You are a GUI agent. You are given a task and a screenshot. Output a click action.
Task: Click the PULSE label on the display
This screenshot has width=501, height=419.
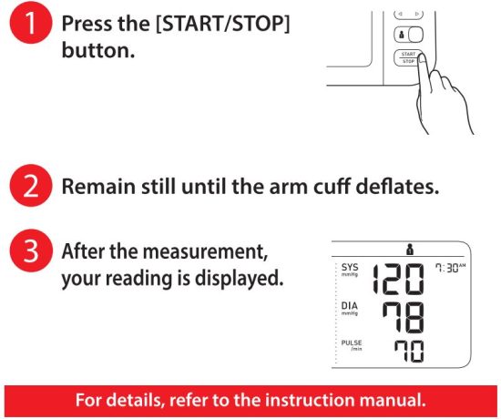coord(351,343)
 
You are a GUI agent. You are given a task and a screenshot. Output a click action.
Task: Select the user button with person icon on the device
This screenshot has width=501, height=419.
coord(407,35)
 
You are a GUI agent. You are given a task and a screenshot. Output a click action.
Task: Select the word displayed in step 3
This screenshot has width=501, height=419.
coord(243,277)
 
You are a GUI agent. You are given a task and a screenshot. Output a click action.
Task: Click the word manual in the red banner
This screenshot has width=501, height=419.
coord(397,400)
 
